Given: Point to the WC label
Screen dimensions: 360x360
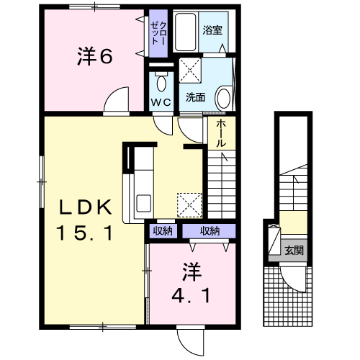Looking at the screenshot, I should (159, 102).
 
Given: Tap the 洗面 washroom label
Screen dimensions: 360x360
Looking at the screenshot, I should (195, 96).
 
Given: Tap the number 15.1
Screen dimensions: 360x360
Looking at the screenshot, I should (86, 233).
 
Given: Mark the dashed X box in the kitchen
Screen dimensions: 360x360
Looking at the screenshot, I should (189, 204).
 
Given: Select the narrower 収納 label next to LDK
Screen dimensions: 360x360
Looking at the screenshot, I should (163, 231).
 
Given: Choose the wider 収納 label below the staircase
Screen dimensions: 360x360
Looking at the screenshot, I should (209, 231).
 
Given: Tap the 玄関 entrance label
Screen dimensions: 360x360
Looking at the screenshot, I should (294, 251).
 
